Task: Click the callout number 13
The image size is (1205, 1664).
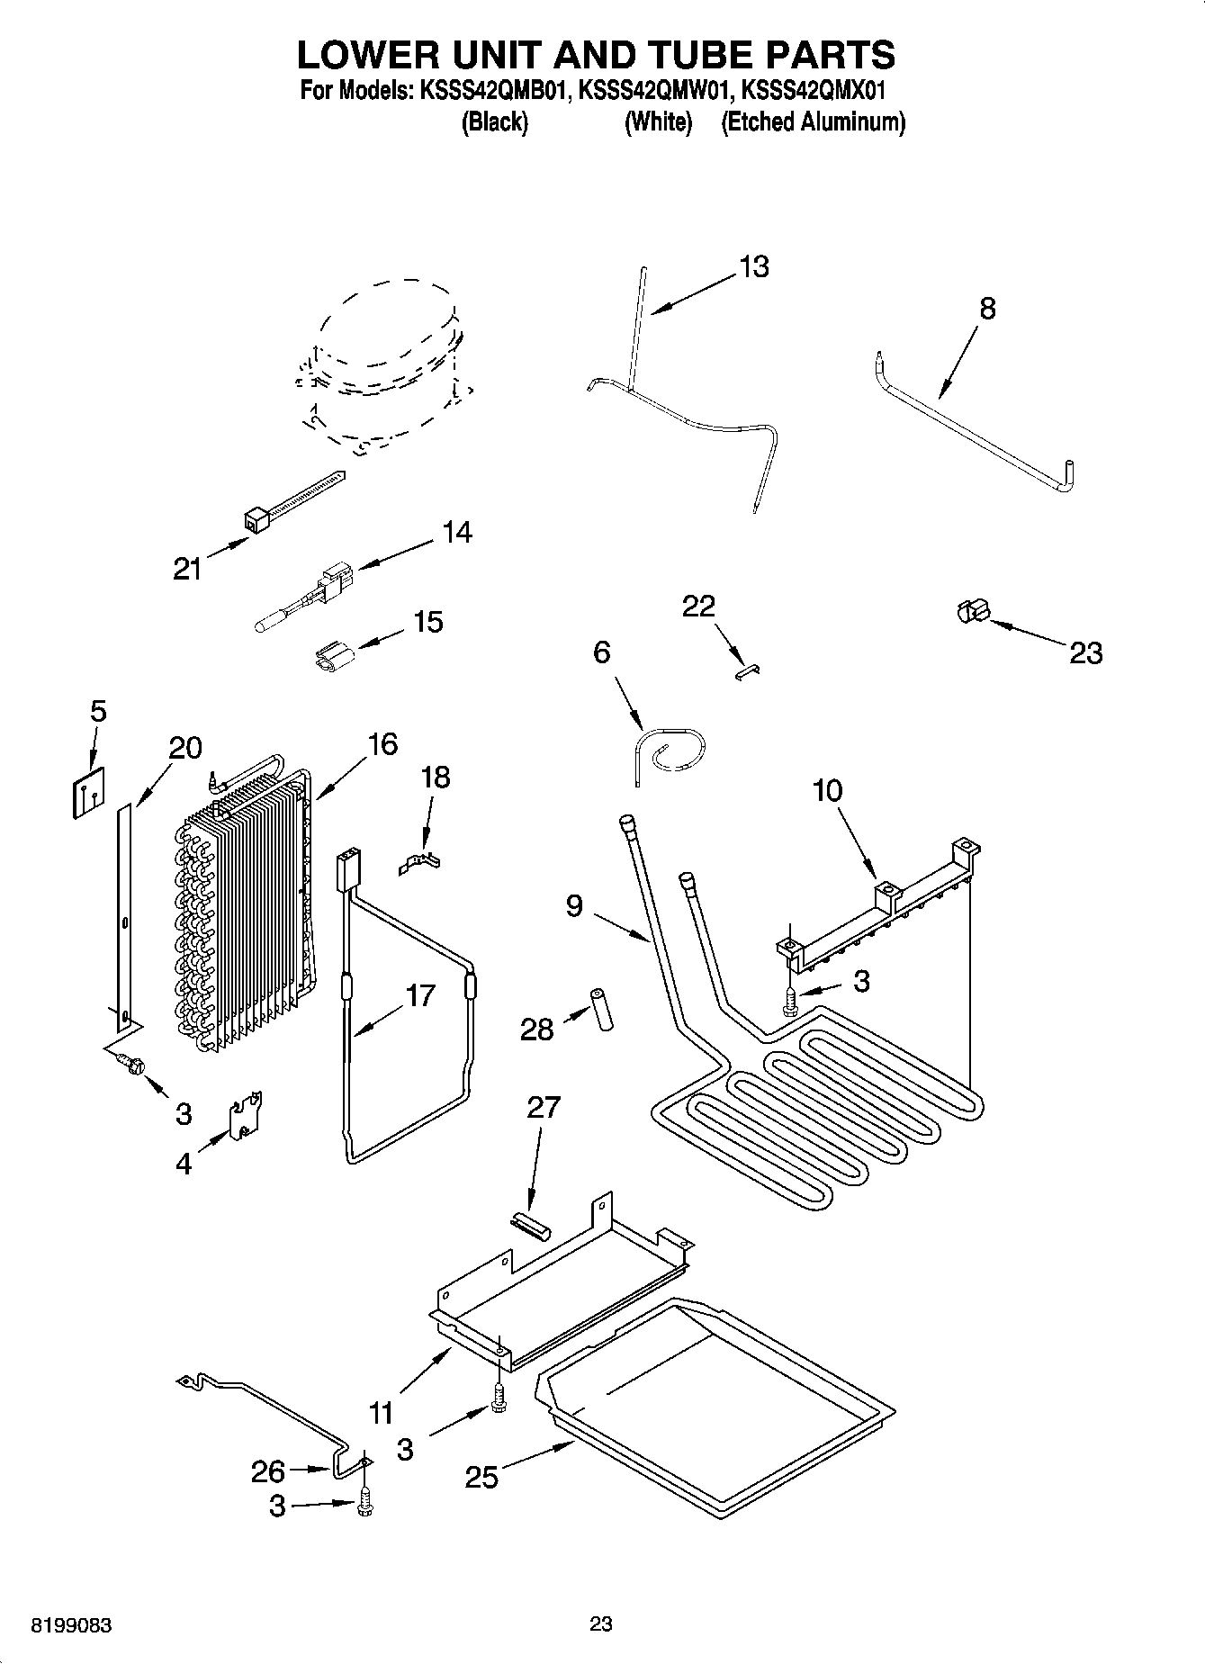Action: pos(754,266)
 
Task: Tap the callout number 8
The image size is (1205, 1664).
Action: pos(987,309)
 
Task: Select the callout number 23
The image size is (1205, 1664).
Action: pos(1085,652)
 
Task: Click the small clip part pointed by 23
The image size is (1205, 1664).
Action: pos(971,611)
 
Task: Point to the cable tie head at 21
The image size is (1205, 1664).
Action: pos(256,520)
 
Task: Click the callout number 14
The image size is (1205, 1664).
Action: pos(457,532)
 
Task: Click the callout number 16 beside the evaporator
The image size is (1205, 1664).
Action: pos(382,744)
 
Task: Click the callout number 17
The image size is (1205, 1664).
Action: pos(420,995)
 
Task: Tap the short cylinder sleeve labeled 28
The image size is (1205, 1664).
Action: pos(600,1009)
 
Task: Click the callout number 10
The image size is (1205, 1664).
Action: pos(827,790)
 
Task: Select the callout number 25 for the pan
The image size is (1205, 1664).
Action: pos(481,1477)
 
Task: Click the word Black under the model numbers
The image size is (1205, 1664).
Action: pos(493,122)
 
